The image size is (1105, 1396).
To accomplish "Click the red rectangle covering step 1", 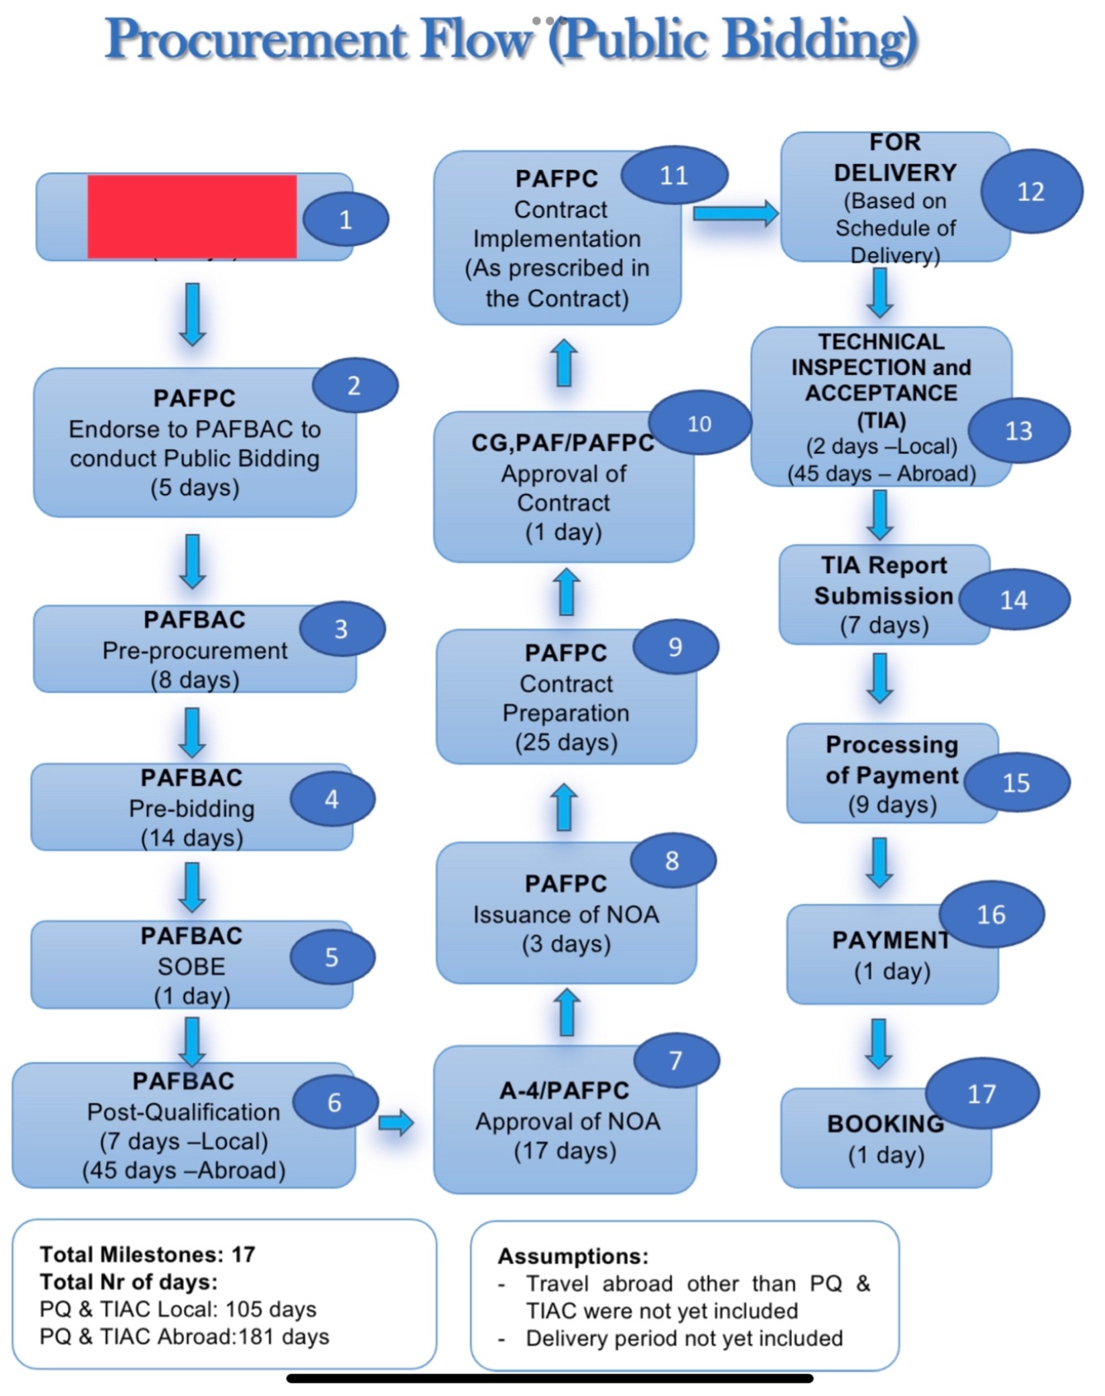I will (192, 216).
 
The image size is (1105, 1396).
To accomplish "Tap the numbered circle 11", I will (674, 176).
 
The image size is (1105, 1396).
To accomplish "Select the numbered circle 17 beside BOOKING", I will (982, 1093).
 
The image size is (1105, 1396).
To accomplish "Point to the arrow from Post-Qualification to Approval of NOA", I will (395, 1123).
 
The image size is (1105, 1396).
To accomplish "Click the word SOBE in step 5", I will (191, 966).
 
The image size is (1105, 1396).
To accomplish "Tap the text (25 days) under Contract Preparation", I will (567, 742).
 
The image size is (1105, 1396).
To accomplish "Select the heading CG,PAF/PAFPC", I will (563, 443).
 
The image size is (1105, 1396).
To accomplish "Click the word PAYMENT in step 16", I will (890, 940).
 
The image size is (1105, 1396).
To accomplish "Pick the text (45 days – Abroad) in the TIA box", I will (881, 474).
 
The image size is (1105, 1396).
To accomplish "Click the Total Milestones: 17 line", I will (147, 1254).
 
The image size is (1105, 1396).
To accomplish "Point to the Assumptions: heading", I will (573, 1256).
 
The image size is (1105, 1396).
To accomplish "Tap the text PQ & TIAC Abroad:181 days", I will (184, 1336).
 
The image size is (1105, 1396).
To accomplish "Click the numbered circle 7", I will (676, 1060).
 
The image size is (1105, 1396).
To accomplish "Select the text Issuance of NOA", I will (566, 914).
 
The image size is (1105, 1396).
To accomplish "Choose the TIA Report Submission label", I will (883, 580).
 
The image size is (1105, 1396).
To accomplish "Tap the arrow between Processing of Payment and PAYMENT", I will (880, 862).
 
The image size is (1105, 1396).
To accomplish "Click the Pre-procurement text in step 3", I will (195, 651).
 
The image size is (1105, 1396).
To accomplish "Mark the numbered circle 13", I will (1018, 431).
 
